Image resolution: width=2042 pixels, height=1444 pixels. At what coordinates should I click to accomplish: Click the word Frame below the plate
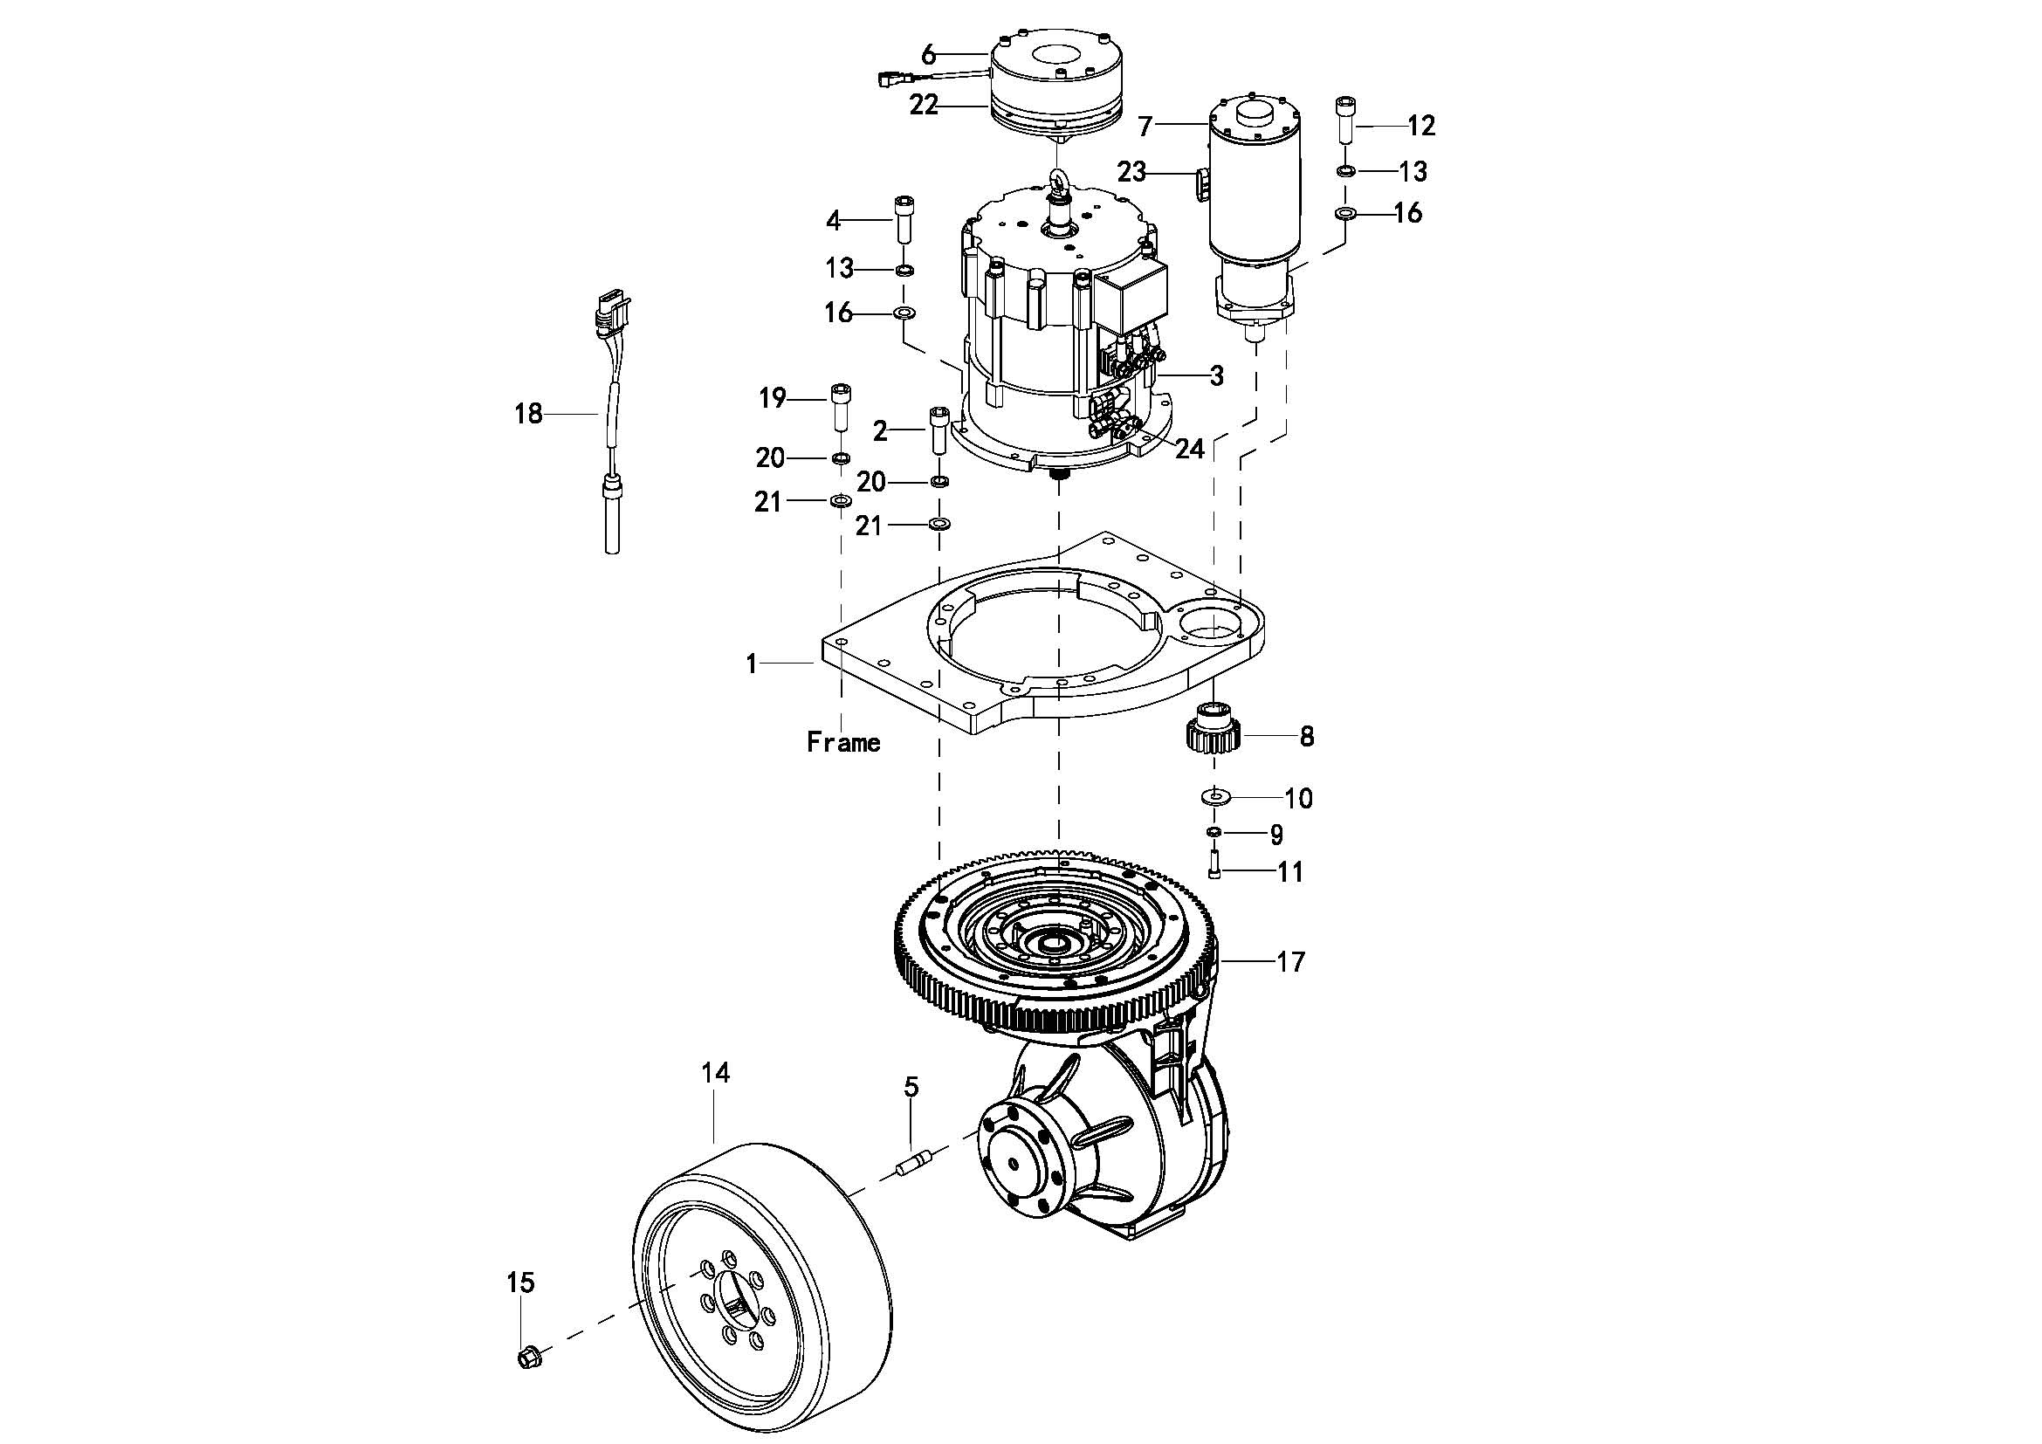[843, 741]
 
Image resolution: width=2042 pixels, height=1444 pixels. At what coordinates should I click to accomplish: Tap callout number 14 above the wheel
[715, 1073]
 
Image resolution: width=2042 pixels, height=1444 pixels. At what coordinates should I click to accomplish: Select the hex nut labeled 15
[528, 1357]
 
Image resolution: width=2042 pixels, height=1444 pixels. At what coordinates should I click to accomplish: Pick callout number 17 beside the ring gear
[1290, 962]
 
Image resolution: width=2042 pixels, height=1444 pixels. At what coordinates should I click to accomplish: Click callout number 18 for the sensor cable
[528, 414]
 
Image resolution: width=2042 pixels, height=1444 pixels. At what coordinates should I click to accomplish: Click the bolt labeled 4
[904, 219]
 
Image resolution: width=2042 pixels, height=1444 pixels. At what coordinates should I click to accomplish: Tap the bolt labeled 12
[1345, 119]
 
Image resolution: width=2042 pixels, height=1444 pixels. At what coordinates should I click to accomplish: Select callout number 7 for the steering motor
[1145, 127]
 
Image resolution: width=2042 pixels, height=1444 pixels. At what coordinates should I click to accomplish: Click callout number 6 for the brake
[929, 55]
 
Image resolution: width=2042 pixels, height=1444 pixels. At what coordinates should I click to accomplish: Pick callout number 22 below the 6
[924, 105]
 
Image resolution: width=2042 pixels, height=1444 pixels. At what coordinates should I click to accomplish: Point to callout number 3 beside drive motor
[1217, 375]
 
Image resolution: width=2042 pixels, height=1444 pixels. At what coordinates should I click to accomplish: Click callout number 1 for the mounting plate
[752, 664]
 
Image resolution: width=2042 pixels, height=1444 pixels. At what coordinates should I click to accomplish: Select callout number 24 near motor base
[1190, 449]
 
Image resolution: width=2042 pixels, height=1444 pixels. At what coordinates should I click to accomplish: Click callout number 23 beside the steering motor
[1131, 172]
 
